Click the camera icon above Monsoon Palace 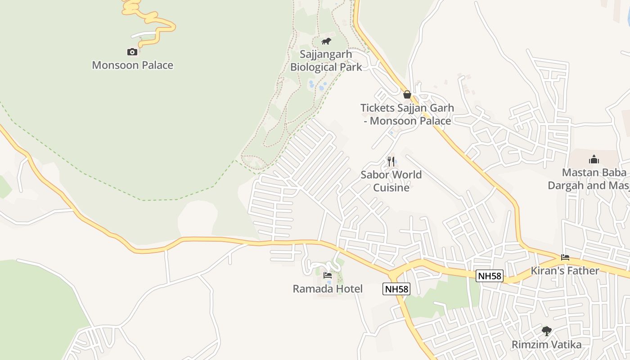tap(132, 52)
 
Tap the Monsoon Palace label tap(132, 65)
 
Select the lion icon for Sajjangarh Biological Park tap(326, 41)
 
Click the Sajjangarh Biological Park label tap(326, 61)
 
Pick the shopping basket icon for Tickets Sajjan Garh tap(407, 94)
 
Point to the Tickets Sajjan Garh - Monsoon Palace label tap(407, 114)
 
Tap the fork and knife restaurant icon tap(391, 161)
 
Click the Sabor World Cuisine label tap(391, 181)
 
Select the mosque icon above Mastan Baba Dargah tap(594, 159)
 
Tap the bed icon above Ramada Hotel tap(328, 275)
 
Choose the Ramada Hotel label tap(328, 289)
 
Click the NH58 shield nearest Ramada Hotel tap(396, 289)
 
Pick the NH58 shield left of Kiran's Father tap(490, 276)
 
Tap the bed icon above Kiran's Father tap(565, 257)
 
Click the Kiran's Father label tap(565, 271)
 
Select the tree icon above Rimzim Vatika tap(547, 331)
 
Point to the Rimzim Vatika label tap(547, 345)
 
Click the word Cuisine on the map tap(391, 188)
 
